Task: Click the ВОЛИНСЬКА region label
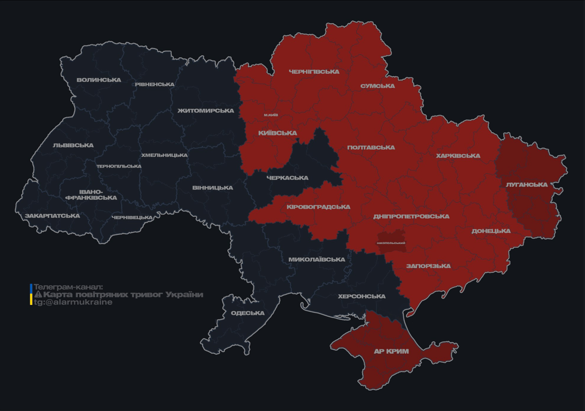point(99,80)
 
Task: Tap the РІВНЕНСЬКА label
point(155,85)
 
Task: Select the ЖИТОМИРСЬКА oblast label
point(206,111)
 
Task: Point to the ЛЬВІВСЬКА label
point(73,146)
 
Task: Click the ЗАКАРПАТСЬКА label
point(52,216)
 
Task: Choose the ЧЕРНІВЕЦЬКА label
point(132,218)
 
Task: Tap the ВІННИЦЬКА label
point(213,188)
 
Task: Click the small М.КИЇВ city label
point(271,115)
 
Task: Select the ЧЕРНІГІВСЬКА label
point(314,72)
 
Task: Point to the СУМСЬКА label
point(378,86)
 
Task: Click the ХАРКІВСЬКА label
point(458,156)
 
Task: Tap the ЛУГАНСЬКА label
point(527,185)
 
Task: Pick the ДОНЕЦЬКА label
point(491,231)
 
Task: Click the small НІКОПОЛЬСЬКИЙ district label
point(391,243)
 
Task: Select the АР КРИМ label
point(391,352)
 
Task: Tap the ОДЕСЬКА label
point(248,313)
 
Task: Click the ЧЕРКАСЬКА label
point(287,178)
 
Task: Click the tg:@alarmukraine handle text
point(73,302)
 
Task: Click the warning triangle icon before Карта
point(38,295)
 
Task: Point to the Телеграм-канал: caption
point(68,287)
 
